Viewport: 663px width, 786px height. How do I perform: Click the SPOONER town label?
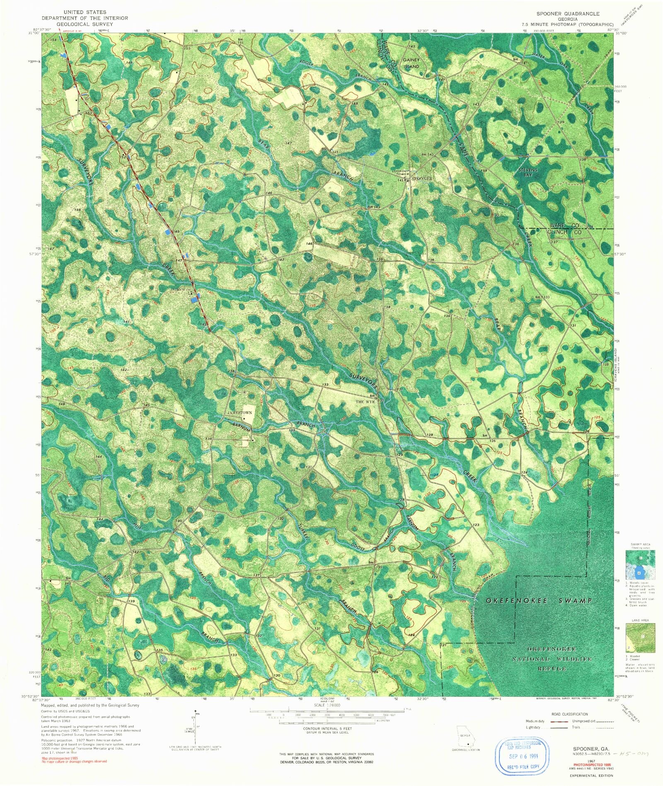point(422,179)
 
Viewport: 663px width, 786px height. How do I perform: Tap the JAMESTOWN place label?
point(240,413)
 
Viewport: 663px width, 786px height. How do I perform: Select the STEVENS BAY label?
point(528,172)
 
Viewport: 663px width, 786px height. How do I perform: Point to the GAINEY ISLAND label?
point(411,63)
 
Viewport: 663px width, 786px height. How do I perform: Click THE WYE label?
point(365,401)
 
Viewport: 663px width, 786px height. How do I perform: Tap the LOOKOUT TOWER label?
point(401,173)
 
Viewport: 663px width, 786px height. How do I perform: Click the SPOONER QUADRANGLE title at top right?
point(568,14)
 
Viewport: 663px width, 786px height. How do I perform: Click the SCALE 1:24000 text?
point(326,705)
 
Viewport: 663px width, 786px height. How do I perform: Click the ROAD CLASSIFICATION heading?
point(569,714)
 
